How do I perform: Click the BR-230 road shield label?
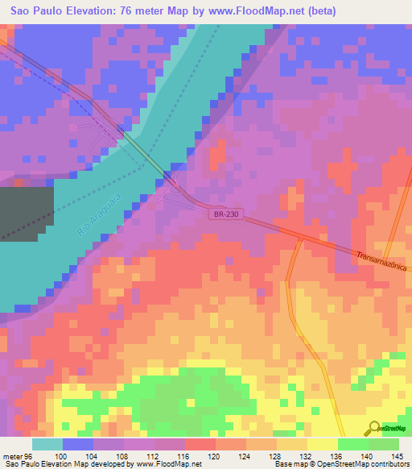226,214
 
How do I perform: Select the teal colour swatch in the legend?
47,444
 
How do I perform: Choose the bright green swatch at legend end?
383,444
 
